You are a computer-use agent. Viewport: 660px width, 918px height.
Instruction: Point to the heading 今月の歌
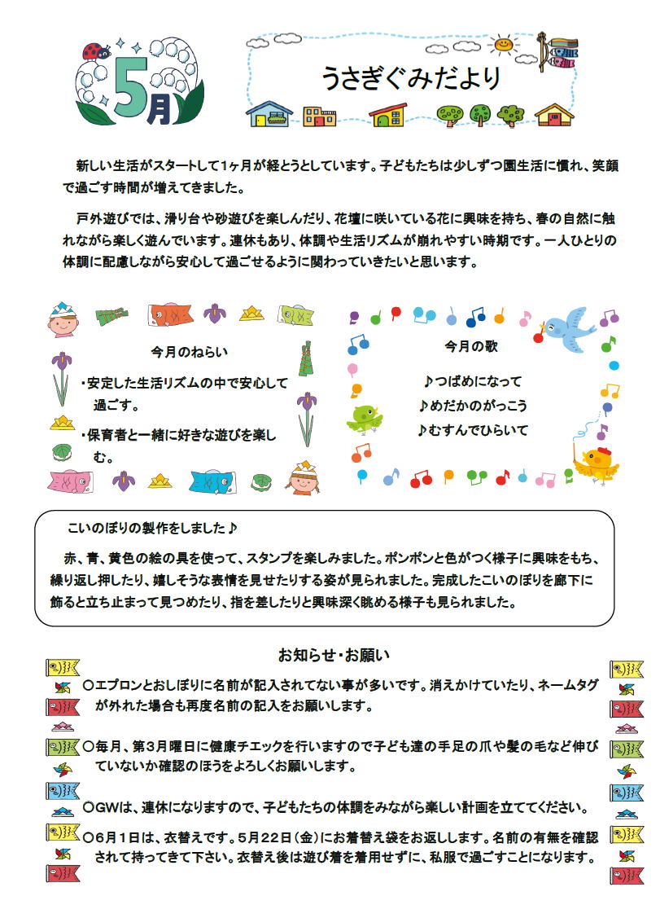click(x=471, y=345)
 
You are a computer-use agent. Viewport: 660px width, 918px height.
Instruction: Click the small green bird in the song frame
click(x=365, y=418)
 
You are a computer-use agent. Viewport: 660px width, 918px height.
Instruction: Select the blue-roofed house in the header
click(x=269, y=115)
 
